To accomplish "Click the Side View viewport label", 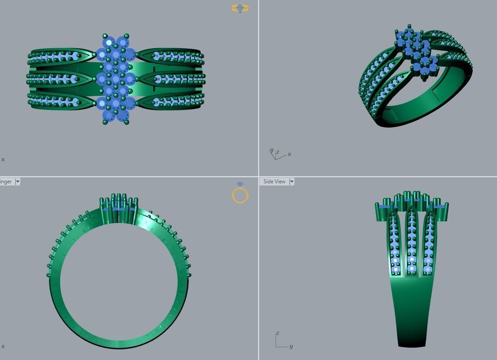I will [274, 182].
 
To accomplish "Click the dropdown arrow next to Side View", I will [292, 182].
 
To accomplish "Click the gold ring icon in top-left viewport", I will [240, 8].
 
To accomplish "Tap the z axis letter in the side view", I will [277, 333].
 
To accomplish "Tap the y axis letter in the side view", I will [291, 347].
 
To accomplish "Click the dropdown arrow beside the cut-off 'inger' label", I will [18, 182].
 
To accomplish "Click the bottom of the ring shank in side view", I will [412, 342].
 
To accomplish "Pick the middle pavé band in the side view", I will [412, 243].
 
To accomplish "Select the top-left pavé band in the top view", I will [57, 57].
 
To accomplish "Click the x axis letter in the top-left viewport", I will [3, 159].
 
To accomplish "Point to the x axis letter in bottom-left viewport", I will [3, 346].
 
